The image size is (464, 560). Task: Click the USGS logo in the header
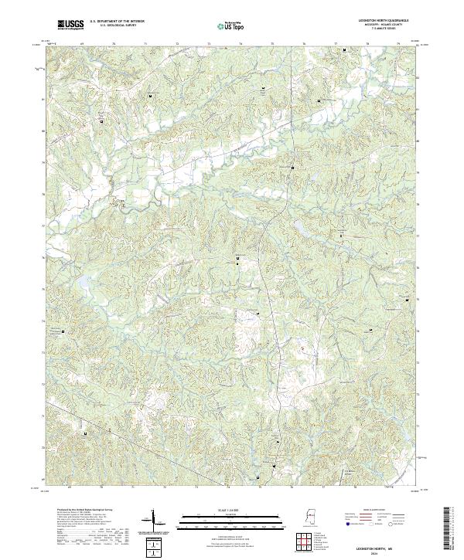(x=71, y=25)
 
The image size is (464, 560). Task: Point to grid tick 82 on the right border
(x=418, y=78)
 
